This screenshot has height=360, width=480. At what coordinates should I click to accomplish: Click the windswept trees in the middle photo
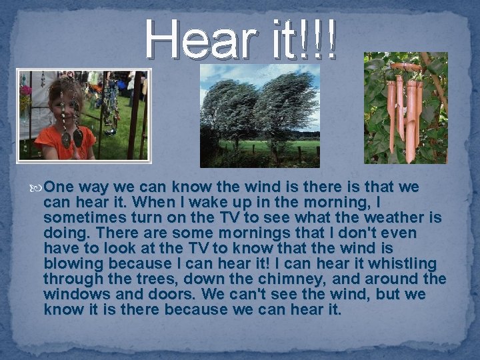[260, 107]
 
